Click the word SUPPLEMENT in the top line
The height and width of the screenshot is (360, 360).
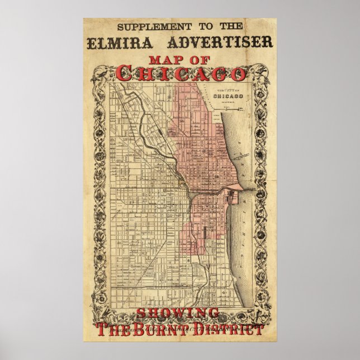tap(143, 26)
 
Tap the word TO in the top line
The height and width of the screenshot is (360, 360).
tap(192, 26)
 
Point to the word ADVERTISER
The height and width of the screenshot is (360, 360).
tap(217, 42)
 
